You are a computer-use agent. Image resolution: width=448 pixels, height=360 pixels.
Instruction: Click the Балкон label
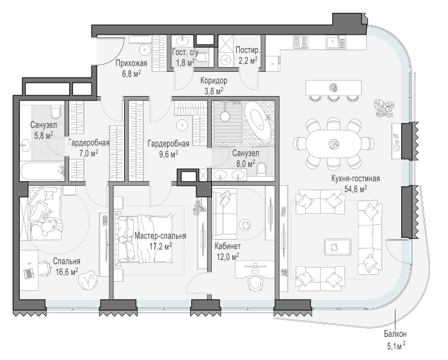coord(395,334)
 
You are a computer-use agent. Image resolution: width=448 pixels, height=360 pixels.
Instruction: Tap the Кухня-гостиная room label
coord(355,179)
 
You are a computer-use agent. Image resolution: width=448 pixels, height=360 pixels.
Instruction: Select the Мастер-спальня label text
coord(160,236)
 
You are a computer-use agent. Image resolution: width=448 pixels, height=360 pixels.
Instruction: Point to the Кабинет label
coord(227,246)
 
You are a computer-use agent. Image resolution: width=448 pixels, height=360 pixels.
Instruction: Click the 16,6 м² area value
coord(67,271)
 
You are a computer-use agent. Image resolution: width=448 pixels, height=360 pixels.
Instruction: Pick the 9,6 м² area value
coord(168,154)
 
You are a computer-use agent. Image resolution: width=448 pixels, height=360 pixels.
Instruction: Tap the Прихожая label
coord(131,63)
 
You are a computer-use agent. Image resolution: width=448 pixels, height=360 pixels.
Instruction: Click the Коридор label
coord(214,81)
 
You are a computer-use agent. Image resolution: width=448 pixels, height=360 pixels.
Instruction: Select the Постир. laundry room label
coord(248,50)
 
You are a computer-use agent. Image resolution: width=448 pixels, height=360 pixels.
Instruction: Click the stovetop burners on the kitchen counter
coord(300,42)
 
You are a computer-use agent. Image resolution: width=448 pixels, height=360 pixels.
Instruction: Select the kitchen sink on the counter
coord(335,42)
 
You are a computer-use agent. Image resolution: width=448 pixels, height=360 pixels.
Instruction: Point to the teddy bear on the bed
coord(51,227)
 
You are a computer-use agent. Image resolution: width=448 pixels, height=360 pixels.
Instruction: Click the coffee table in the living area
coord(337,247)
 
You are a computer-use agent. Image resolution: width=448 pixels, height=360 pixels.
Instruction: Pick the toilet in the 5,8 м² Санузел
coord(56,112)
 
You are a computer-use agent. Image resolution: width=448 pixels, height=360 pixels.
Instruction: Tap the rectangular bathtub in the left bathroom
coord(42,171)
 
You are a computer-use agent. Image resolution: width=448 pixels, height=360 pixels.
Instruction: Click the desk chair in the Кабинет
coord(255,282)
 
